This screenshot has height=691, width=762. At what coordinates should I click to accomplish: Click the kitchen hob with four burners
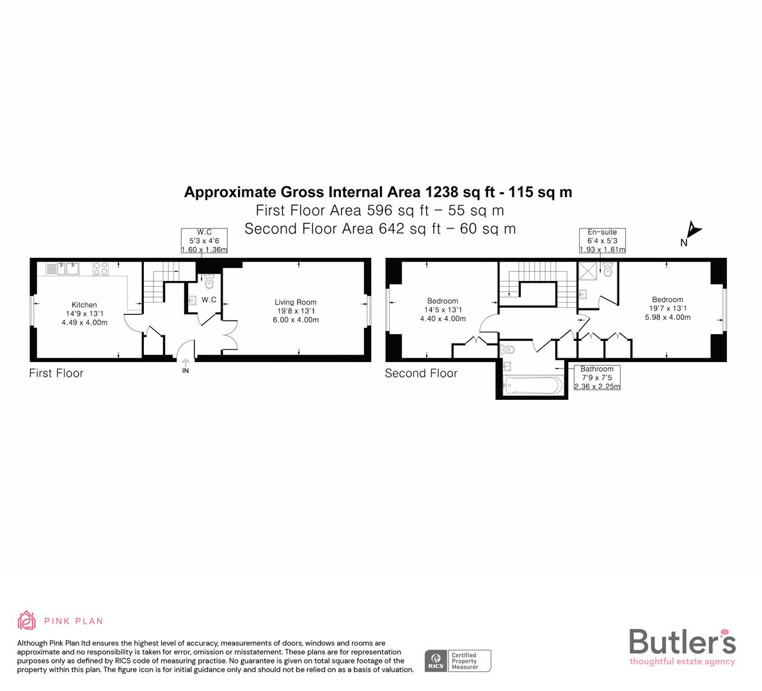[101, 269]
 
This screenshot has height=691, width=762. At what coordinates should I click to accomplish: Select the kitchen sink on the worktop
[66, 269]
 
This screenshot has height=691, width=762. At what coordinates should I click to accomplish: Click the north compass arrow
[694, 230]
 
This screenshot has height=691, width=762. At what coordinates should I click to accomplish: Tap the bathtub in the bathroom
[532, 386]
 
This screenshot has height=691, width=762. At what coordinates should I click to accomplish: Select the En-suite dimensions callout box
[601, 241]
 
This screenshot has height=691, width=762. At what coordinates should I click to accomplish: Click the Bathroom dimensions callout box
[596, 377]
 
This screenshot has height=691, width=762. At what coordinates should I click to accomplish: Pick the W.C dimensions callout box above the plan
[204, 241]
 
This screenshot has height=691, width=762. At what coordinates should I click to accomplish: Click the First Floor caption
[56, 373]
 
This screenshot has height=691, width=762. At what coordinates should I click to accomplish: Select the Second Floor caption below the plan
[421, 373]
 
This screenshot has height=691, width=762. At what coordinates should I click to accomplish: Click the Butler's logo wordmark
[682, 642]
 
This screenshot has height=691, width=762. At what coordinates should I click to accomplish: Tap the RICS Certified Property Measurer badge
[458, 661]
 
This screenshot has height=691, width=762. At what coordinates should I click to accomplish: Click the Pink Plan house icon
[27, 620]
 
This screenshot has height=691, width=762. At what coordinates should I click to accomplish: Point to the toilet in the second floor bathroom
[509, 349]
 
